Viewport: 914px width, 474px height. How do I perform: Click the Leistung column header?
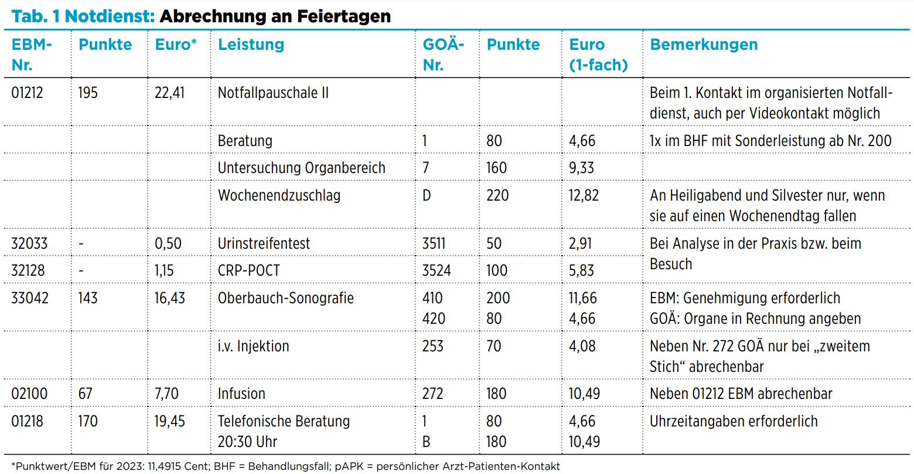tap(251, 45)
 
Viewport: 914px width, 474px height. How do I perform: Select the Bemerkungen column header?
tap(704, 45)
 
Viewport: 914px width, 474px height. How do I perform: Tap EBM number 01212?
tap(27, 93)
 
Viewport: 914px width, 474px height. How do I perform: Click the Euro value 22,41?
tap(169, 93)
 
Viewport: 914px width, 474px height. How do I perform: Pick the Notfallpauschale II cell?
tap(273, 93)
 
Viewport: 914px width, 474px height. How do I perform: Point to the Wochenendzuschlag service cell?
tap(279, 195)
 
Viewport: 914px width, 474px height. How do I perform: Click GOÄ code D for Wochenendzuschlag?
tap(427, 195)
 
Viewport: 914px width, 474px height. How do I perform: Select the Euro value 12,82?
tap(584, 196)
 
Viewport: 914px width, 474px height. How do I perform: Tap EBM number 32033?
tap(29, 243)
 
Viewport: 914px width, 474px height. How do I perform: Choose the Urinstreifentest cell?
tap(264, 243)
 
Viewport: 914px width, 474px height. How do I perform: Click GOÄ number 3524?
tap(436, 270)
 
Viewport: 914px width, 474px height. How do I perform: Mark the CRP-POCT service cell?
tap(249, 270)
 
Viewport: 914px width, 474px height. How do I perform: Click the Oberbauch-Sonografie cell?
tap(286, 298)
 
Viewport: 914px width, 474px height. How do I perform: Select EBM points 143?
tap(88, 298)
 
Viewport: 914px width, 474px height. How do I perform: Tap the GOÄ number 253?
tap(432, 346)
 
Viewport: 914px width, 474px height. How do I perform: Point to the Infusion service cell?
tap(241, 394)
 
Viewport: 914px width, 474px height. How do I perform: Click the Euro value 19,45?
tap(169, 421)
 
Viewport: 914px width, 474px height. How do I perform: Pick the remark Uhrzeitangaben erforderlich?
tap(734, 421)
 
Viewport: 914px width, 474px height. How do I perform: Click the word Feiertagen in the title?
tap(344, 16)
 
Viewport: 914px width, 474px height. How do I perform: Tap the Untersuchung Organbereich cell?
tap(302, 168)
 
